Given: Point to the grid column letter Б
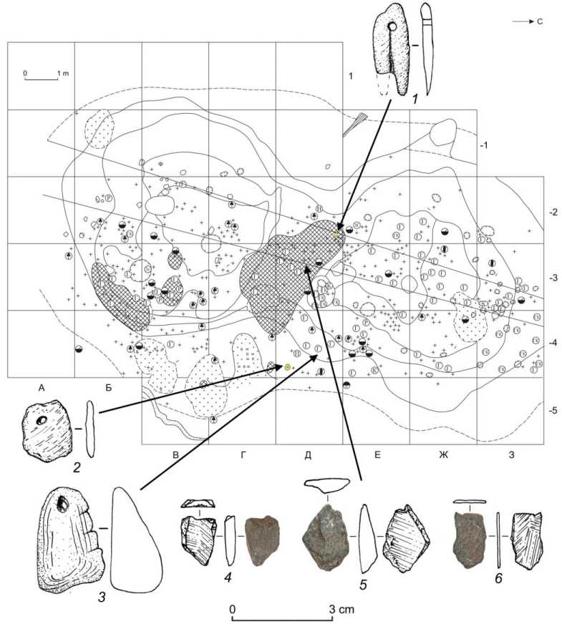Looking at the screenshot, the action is tap(107, 388).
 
